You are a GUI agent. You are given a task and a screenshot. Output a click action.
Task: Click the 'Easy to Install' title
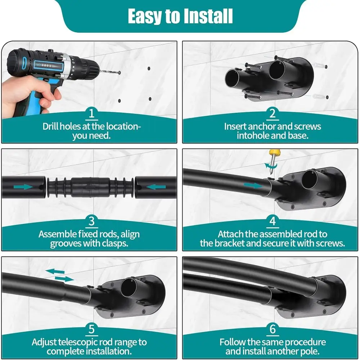(180, 16)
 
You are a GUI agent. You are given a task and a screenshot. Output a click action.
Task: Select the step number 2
(272, 114)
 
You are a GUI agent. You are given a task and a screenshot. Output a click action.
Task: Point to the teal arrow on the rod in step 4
(252, 186)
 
